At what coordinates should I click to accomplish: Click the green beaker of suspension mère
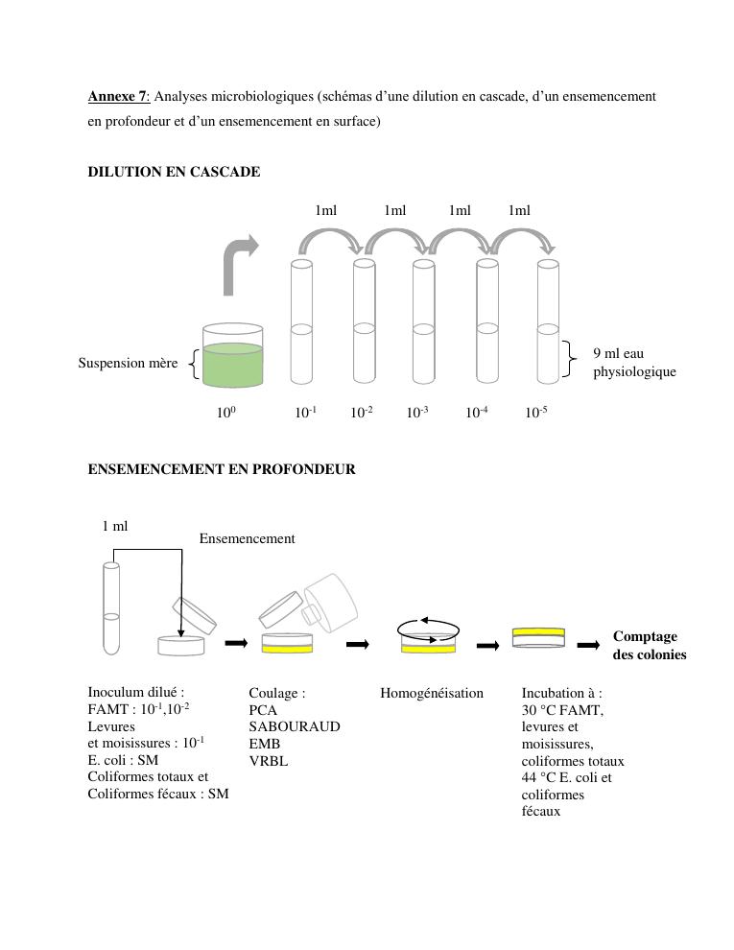click(x=232, y=356)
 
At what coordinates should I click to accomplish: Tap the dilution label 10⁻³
click(x=417, y=413)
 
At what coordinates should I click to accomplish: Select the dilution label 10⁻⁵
click(x=536, y=413)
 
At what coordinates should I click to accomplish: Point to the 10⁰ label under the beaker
click(x=226, y=413)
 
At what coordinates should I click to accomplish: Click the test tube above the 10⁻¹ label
click(x=301, y=321)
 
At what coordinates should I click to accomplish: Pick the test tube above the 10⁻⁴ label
click(x=487, y=321)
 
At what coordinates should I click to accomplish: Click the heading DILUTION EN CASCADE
click(x=174, y=172)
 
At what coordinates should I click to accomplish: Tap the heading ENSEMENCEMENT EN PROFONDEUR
click(x=222, y=469)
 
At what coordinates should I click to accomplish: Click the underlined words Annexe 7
click(x=117, y=96)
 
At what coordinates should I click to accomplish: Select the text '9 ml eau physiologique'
click(x=634, y=363)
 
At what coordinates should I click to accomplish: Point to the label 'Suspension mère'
click(x=128, y=364)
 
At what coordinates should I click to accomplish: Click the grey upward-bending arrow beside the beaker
click(x=238, y=264)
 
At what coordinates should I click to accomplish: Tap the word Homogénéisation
click(x=432, y=693)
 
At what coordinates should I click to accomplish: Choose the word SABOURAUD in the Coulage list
click(x=294, y=726)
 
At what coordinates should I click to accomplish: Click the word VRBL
click(x=269, y=761)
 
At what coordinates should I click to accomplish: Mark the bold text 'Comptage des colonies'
click(x=650, y=645)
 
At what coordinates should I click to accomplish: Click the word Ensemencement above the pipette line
click(x=247, y=538)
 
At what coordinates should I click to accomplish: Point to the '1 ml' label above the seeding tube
click(x=114, y=526)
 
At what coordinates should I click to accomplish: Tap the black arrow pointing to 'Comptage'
click(x=588, y=645)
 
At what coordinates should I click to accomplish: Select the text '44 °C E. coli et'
click(x=566, y=778)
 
